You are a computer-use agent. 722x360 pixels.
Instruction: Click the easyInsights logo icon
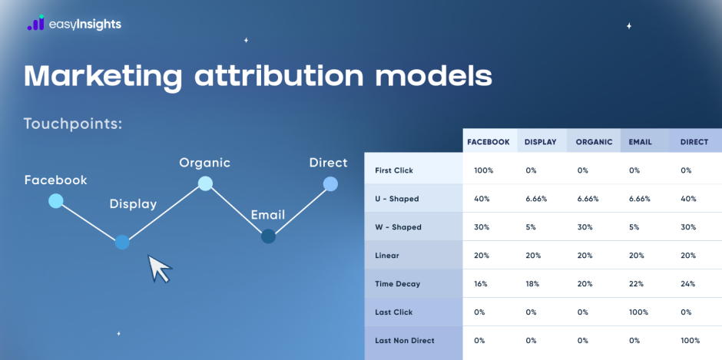pyautogui.click(x=35, y=24)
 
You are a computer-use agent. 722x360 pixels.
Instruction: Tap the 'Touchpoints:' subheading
pyautogui.click(x=73, y=124)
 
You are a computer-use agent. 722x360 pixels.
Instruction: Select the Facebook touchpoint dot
pyautogui.click(x=55, y=201)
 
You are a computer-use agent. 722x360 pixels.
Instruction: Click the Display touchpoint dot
pyautogui.click(x=121, y=243)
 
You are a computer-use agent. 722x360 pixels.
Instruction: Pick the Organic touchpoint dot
pyautogui.click(x=205, y=183)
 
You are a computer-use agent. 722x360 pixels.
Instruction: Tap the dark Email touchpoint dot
pyautogui.click(x=268, y=236)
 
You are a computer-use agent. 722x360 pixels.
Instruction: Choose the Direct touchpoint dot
pyautogui.click(x=330, y=183)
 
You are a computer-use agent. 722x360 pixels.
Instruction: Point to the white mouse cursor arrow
pyautogui.click(x=159, y=269)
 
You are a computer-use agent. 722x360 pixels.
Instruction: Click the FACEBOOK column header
pyautogui.click(x=489, y=142)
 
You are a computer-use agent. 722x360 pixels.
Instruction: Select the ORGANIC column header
pyautogui.click(x=594, y=142)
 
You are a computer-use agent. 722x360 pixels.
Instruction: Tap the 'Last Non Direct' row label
pyautogui.click(x=405, y=340)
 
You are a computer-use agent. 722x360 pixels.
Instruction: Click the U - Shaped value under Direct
pyautogui.click(x=688, y=199)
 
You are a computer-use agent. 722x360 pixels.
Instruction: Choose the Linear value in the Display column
pyautogui.click(x=533, y=256)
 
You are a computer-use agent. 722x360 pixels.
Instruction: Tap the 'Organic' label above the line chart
pyautogui.click(x=204, y=163)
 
